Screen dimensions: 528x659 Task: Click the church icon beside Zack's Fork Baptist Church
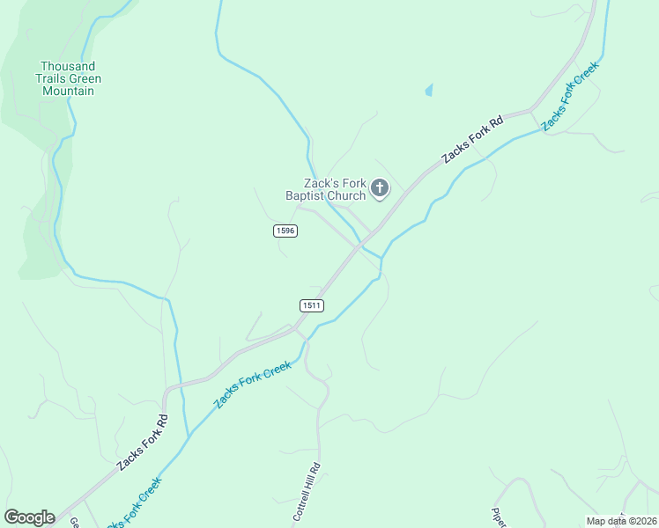click(380, 187)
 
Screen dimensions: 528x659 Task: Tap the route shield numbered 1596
click(285, 231)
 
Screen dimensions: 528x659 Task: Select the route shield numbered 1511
click(312, 305)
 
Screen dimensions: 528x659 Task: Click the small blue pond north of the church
click(429, 90)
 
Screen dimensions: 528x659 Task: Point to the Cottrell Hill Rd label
click(305, 493)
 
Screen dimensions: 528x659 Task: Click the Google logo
click(29, 517)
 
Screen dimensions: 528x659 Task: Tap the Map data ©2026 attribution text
click(621, 521)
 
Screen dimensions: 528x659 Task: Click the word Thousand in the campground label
click(68, 67)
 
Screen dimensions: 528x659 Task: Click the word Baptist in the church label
click(305, 195)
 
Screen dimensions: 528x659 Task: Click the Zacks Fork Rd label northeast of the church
click(472, 139)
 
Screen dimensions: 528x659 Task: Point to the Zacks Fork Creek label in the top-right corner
click(570, 97)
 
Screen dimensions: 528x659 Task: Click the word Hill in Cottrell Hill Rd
click(308, 487)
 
